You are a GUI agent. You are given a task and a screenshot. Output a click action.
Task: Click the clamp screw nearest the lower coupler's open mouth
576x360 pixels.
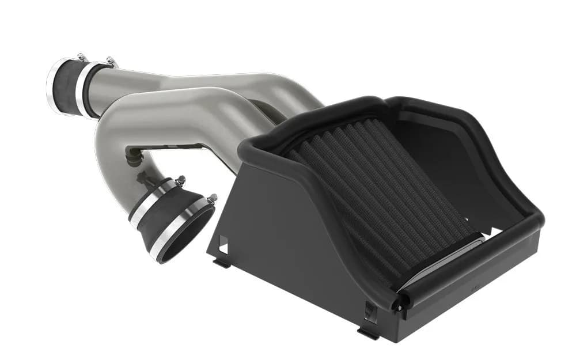tap(212, 199)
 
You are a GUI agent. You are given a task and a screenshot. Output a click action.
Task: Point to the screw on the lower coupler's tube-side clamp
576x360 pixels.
tap(180, 180)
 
